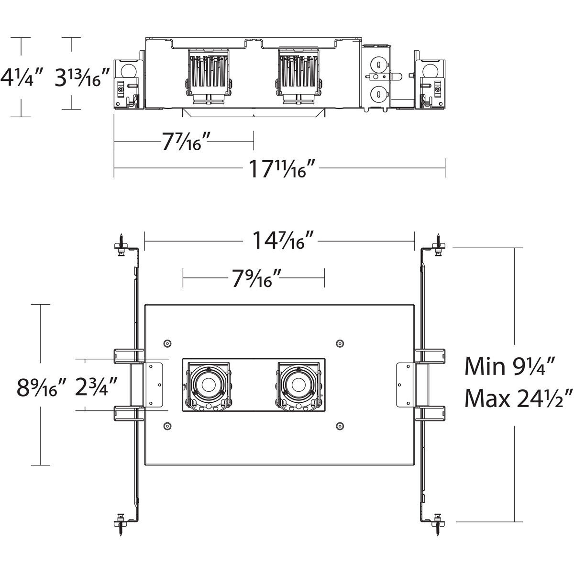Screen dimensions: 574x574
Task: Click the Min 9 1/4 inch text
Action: (x=509, y=367)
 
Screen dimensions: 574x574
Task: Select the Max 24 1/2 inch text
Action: (x=519, y=398)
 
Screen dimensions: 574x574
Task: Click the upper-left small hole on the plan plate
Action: (x=167, y=343)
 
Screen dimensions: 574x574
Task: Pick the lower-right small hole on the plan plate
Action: (x=340, y=425)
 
